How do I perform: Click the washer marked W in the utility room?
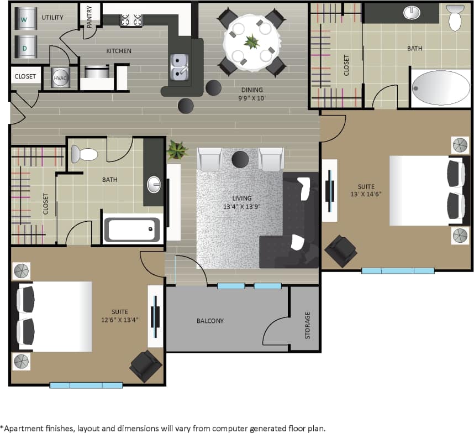[24, 18]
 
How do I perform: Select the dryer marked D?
[24, 46]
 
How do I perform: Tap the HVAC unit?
[60, 78]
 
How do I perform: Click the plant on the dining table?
[252, 41]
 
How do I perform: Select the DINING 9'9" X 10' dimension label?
[251, 94]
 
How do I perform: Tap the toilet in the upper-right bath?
[455, 18]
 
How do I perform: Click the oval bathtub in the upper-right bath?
[440, 87]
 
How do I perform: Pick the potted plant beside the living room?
[177, 149]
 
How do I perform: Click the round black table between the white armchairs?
[240, 159]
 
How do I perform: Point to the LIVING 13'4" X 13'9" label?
[241, 202]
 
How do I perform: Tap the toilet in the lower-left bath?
[85, 154]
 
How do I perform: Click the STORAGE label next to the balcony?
[308, 325]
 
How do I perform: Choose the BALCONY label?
[210, 321]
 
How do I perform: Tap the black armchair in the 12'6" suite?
[145, 366]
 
